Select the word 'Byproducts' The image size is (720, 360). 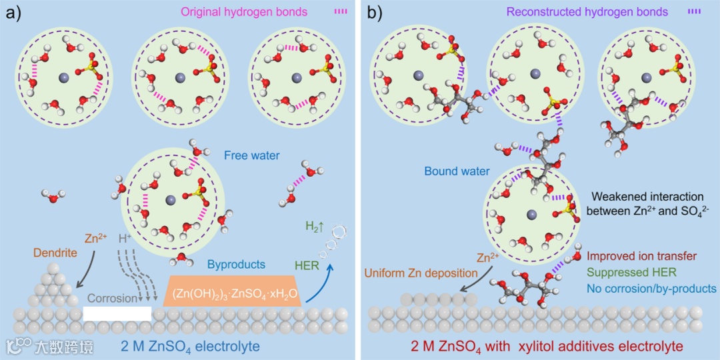point(236,265)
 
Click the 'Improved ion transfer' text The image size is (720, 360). point(642,257)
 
